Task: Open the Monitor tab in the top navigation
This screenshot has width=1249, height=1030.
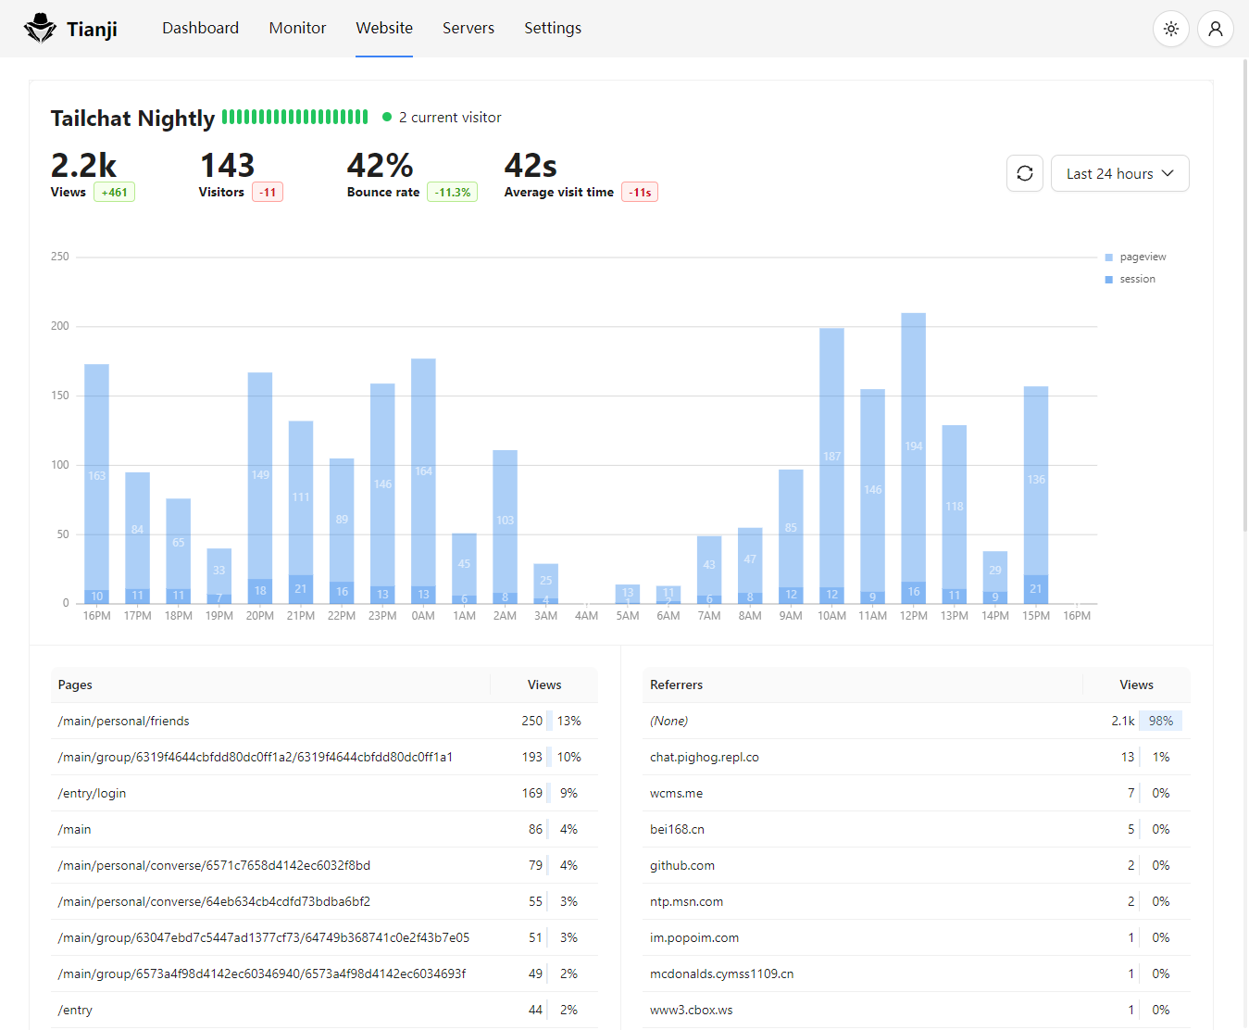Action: (297, 28)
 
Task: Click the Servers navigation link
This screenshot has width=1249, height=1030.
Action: (468, 28)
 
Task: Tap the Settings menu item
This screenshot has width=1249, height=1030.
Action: (553, 28)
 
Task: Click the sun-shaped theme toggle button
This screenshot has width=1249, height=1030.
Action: (1170, 29)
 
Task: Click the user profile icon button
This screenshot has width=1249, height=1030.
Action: (1215, 29)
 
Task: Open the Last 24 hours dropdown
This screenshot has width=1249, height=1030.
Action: (1119, 173)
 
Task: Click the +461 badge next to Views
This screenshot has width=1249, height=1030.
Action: (114, 192)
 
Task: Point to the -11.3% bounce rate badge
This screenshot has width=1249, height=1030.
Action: (452, 192)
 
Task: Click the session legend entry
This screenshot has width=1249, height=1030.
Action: (1136, 279)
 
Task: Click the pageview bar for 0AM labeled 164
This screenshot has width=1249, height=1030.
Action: (423, 471)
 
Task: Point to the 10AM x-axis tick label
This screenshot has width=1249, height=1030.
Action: (831, 616)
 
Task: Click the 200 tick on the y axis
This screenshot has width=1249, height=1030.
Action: (60, 326)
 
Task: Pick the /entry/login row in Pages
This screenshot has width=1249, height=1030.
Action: (92, 793)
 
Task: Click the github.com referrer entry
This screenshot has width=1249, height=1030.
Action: (681, 865)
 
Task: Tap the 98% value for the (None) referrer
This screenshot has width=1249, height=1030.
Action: (1160, 721)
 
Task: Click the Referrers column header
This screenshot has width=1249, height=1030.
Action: (676, 685)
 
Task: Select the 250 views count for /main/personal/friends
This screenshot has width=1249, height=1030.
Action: (531, 721)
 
